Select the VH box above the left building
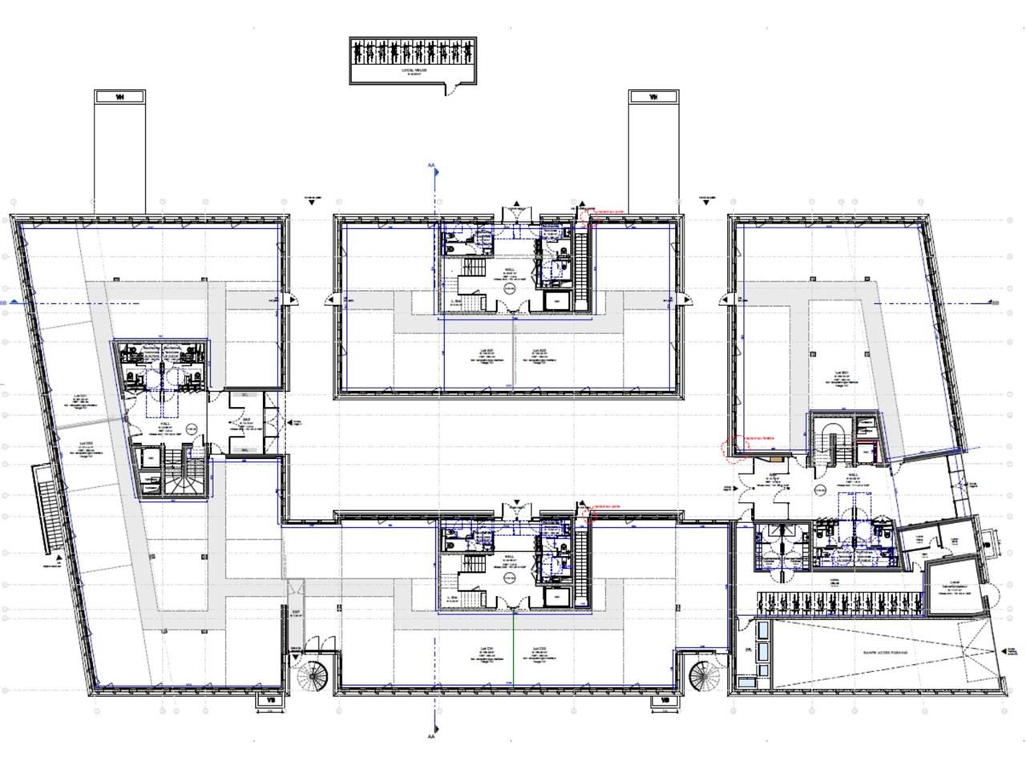tap(120, 97)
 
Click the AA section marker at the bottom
tap(431, 736)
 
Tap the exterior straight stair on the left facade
tap(48, 509)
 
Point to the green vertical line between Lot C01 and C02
tap(513, 649)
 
